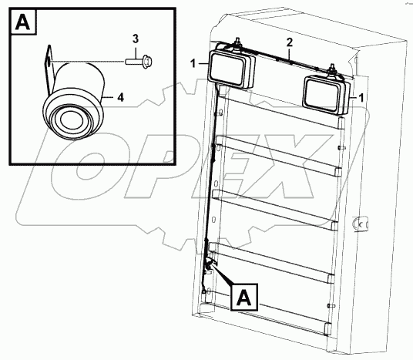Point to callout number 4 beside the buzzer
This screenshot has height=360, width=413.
click(120, 96)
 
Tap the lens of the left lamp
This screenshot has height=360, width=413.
click(223, 67)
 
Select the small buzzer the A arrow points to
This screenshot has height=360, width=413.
click(208, 267)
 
